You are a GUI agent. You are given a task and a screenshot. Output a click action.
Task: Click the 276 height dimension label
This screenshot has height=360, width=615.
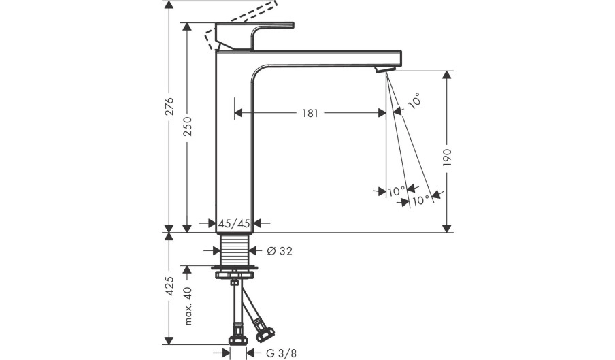point(169,108)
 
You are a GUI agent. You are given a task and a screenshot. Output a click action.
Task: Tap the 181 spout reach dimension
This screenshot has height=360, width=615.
point(310,114)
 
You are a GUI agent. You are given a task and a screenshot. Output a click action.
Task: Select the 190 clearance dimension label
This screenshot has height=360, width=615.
point(447,158)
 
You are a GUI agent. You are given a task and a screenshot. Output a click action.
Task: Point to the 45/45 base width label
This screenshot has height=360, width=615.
point(235,223)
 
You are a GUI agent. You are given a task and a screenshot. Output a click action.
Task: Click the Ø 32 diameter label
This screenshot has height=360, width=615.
point(280,251)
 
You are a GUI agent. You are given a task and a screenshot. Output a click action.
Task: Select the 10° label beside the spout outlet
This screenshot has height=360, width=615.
point(414,101)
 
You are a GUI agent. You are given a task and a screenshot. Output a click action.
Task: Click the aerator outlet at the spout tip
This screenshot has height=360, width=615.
point(386,69)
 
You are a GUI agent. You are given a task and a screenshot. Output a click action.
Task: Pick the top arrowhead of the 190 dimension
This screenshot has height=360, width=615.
point(447,73)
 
